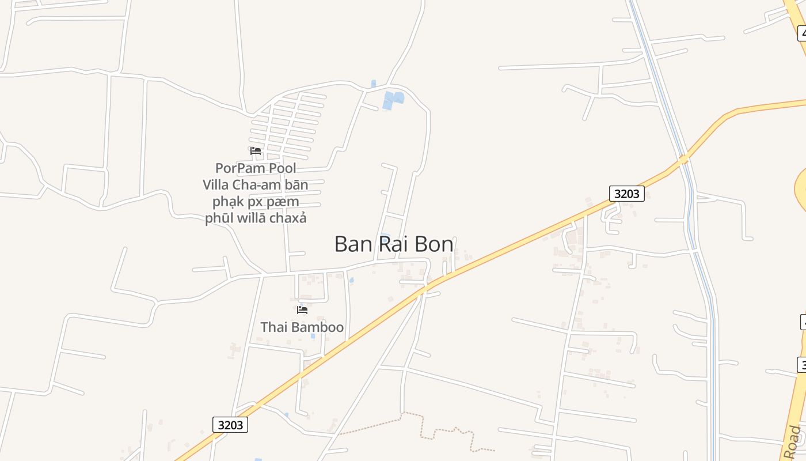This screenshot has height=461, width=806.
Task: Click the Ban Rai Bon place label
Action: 394,244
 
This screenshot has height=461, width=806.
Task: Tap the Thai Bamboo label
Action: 302,327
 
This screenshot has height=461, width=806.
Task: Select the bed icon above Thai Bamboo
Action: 302,310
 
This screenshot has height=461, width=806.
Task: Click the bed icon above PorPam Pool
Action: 256,151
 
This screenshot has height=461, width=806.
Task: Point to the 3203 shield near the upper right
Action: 626,194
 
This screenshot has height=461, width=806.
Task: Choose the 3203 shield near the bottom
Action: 230,425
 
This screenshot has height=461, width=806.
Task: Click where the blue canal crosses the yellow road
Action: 683,158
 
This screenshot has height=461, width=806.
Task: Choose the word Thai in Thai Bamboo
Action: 273,327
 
